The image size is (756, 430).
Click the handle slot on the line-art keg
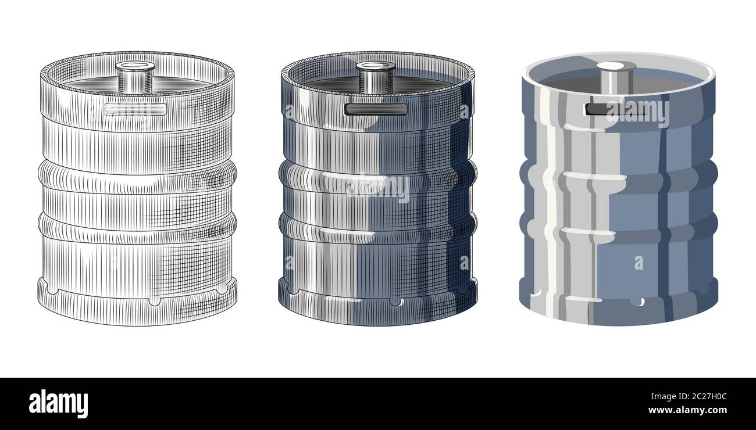pyautogui.click(x=134, y=109)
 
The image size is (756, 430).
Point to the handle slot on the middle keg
pyautogui.click(x=376, y=109)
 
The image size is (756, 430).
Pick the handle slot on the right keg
pyautogui.click(x=605, y=109)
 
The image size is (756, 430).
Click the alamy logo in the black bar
pyautogui.click(x=58, y=404)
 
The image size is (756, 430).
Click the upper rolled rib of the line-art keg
pyautogui.click(x=137, y=174)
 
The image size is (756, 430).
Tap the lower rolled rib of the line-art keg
pyautogui.click(x=137, y=227)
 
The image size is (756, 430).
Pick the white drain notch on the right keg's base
pyautogui.click(x=640, y=302)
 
